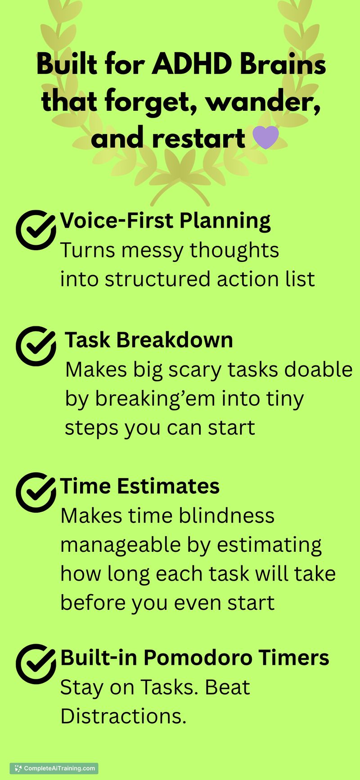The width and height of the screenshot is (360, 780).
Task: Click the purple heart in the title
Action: (266, 138)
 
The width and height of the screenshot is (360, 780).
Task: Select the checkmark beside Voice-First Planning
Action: (36, 230)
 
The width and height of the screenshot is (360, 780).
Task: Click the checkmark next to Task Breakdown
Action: (36, 346)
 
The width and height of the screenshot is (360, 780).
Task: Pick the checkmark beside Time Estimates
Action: (36, 492)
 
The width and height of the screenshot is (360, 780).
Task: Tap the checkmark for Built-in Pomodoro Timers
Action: (36, 664)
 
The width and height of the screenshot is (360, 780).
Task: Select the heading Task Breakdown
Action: (149, 340)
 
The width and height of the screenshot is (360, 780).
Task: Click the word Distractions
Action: (123, 716)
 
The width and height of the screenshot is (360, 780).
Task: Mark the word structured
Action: (157, 279)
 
